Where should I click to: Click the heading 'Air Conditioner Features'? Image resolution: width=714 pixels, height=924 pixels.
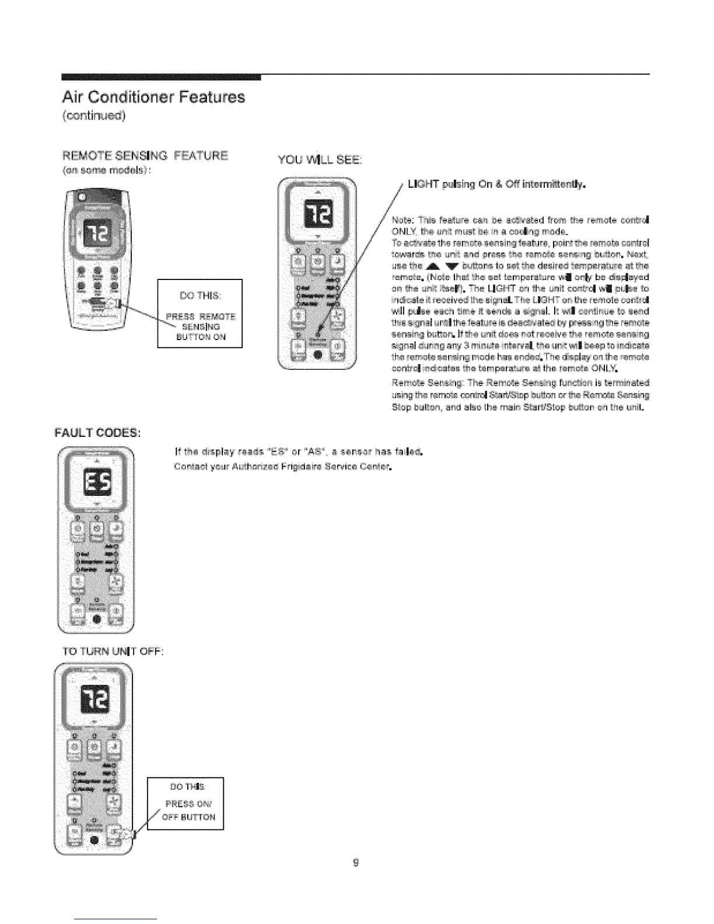[153, 96]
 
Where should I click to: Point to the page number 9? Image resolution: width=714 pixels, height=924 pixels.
[356, 863]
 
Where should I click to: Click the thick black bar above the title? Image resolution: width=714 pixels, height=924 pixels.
[161, 76]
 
